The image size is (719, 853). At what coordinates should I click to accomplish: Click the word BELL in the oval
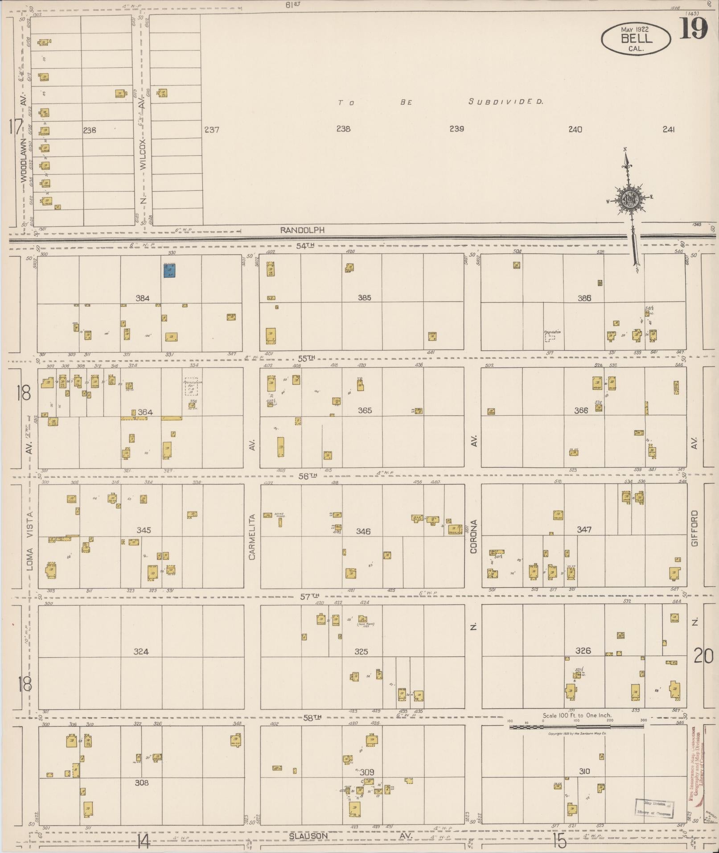[636, 39]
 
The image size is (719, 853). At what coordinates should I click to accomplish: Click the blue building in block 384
[169, 271]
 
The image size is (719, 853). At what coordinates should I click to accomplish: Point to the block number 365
[365, 410]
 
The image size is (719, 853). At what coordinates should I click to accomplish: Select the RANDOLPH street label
[303, 230]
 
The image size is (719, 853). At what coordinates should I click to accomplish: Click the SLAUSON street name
[308, 836]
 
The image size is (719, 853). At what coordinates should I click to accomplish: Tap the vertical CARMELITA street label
[252, 537]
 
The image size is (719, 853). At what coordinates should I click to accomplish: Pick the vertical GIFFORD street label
[694, 528]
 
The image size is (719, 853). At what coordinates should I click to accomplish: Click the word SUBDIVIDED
[506, 102]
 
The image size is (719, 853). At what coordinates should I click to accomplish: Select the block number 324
[141, 651]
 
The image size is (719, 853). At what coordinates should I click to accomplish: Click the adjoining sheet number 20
[703, 656]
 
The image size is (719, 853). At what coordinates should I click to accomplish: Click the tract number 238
[343, 129]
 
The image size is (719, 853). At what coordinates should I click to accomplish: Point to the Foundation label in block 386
[552, 332]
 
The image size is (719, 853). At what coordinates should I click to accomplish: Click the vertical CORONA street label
[473, 536]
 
